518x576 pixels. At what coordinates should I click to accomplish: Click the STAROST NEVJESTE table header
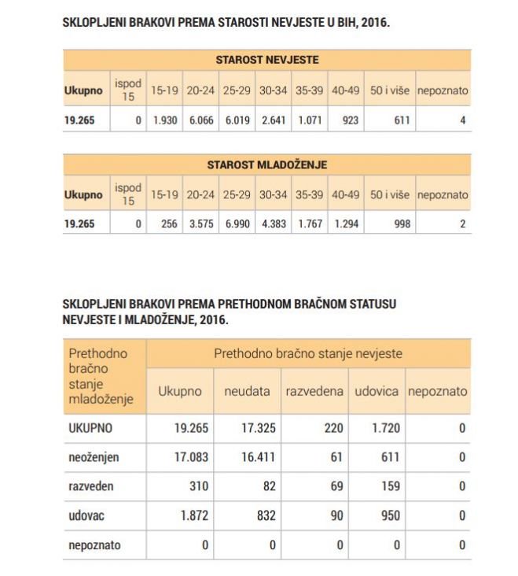[266, 60]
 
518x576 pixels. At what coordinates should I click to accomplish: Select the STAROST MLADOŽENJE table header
[266, 164]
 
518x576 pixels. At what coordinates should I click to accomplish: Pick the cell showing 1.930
[164, 120]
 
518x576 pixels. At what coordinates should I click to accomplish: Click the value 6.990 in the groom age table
[236, 224]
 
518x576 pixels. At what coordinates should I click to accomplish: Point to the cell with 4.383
[273, 224]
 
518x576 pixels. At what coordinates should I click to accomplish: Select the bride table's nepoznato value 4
[463, 120]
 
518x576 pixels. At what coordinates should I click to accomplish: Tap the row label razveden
[91, 486]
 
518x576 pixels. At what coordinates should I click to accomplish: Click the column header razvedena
[314, 391]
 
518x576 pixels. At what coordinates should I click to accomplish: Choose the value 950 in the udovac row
[389, 515]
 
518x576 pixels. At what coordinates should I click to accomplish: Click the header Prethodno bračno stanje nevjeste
[308, 353]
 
